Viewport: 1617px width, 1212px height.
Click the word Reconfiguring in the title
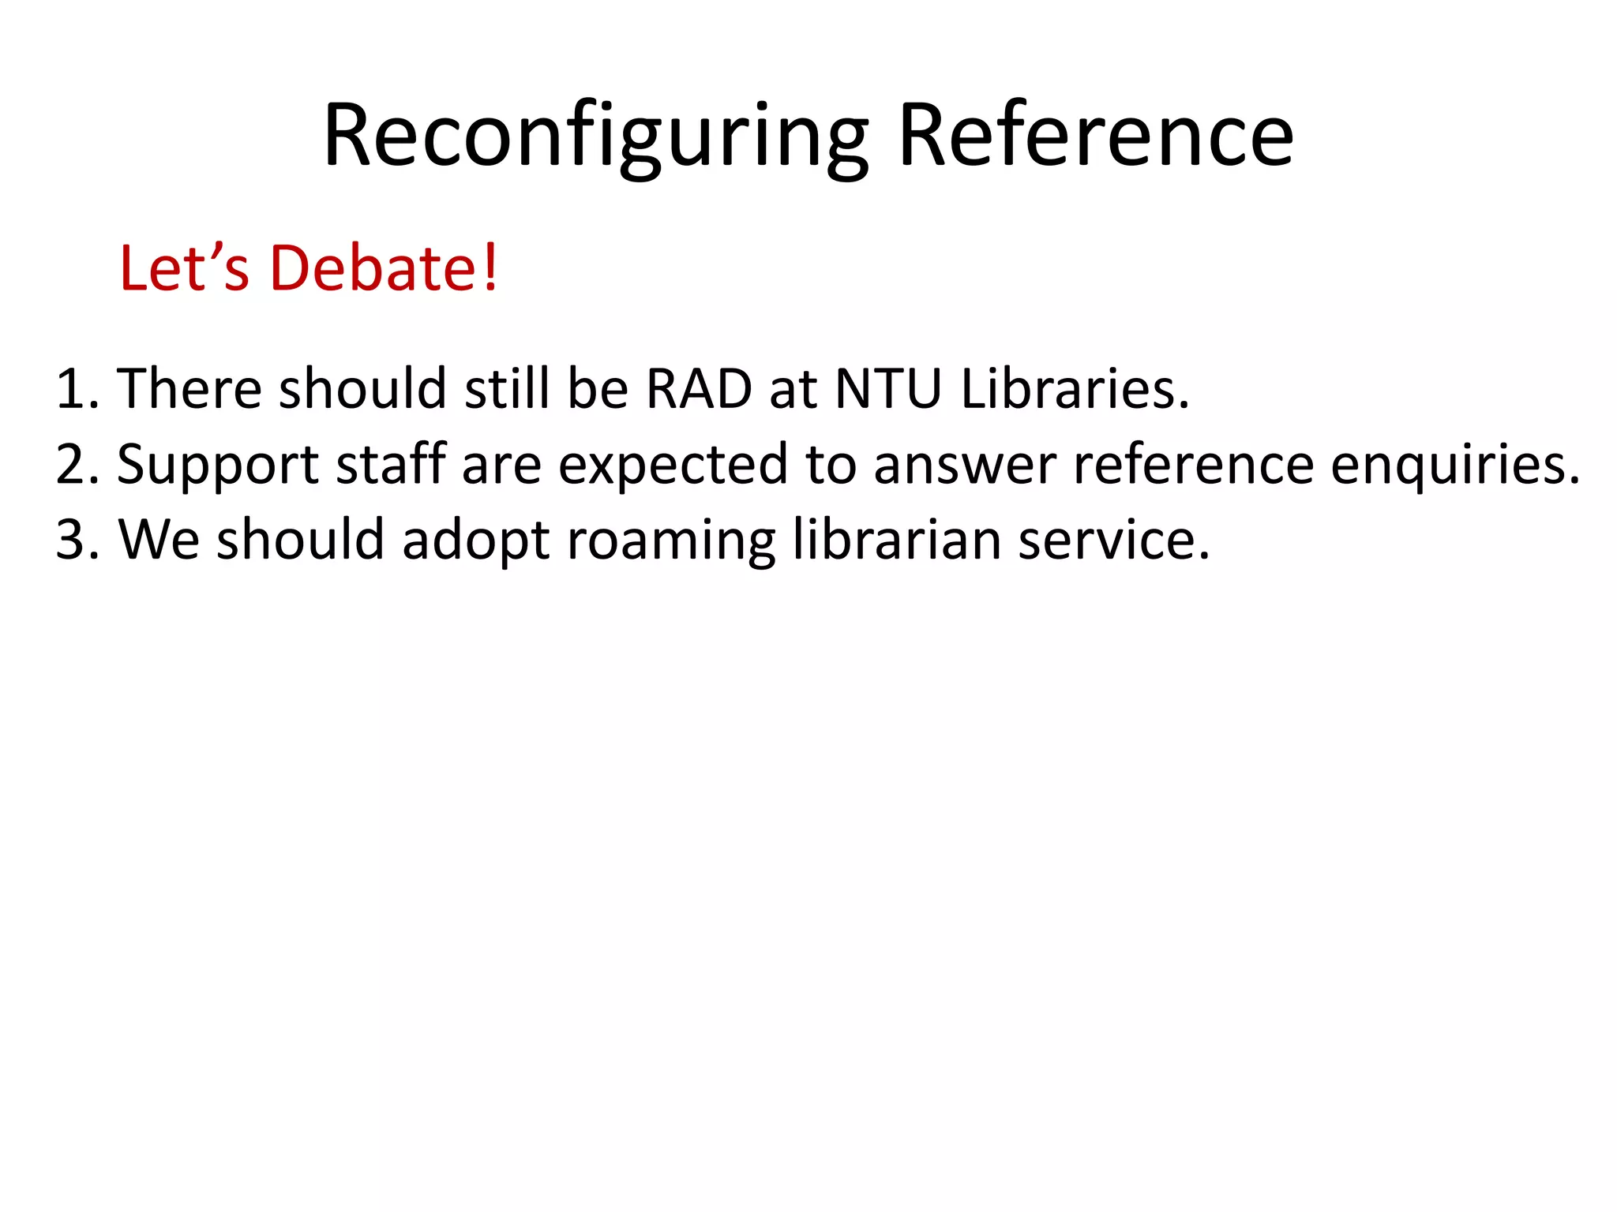point(595,136)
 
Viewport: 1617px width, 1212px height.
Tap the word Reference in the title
point(1095,136)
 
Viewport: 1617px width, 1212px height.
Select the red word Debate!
point(384,268)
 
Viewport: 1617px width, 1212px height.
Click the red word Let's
point(184,268)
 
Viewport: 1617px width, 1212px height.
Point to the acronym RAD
point(699,388)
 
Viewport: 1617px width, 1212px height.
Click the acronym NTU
point(887,388)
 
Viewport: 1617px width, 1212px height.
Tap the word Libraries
point(1074,388)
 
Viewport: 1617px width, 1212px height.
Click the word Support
point(218,466)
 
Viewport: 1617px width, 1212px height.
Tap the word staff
point(391,464)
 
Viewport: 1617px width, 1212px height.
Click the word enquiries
point(1454,466)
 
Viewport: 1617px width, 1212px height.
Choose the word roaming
point(671,541)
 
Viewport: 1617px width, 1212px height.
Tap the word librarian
point(896,540)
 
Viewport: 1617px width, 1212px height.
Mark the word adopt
point(475,541)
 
